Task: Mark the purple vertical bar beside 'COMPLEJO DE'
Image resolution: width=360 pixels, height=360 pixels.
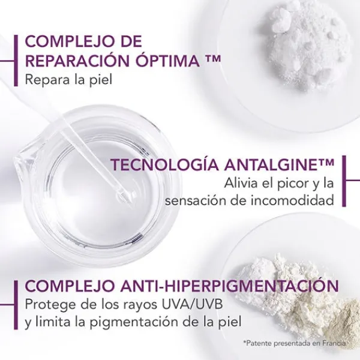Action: (16, 61)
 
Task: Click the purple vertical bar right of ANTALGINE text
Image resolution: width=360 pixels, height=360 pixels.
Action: (344, 181)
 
